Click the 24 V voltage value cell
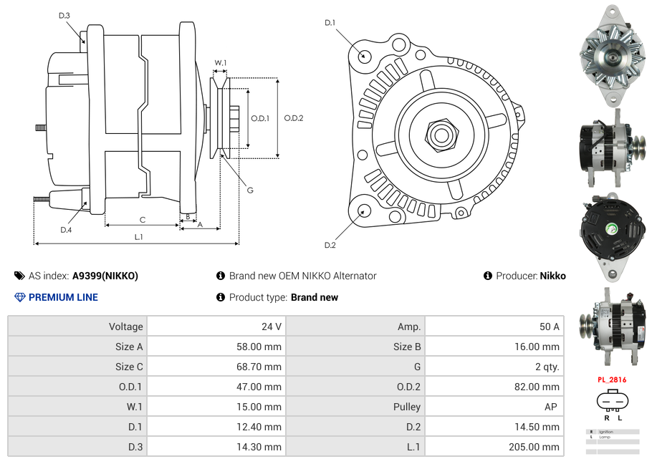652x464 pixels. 271,327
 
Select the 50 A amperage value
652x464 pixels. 549,327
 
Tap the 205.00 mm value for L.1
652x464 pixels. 542,447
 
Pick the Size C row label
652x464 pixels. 129,367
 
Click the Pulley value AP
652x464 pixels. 552,407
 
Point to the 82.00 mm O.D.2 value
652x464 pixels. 542,387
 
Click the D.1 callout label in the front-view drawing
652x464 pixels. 330,23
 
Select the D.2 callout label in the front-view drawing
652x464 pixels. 330,246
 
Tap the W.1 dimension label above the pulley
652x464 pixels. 221,63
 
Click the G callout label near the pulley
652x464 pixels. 250,190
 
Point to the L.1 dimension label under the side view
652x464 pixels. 139,237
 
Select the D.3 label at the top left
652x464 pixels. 64,15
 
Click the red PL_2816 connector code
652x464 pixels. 611,380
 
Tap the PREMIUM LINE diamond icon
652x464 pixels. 20,297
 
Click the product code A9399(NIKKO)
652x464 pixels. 105,276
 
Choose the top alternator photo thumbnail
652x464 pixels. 612,54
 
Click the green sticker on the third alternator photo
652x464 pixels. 611,230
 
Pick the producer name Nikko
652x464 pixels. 552,276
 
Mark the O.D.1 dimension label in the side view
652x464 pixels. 259,118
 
